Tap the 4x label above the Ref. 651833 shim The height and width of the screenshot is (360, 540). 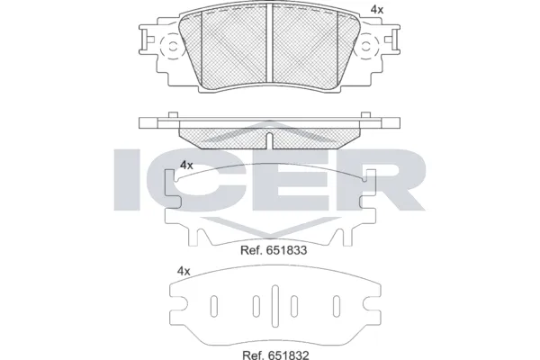coord(186,165)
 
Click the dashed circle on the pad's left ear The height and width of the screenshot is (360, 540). coord(169,47)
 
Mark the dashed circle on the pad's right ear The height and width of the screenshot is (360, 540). coord(371,47)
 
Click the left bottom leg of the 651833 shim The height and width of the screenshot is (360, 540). coord(195,237)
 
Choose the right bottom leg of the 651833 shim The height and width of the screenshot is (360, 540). coord(345,237)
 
